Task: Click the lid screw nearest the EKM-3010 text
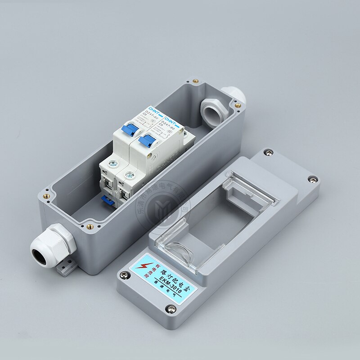[x=171, y=309]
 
